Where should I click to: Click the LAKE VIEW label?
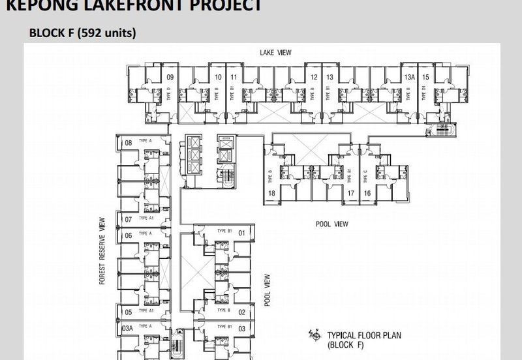pyautogui.click(x=274, y=52)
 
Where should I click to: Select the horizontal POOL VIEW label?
pyautogui.click(x=331, y=224)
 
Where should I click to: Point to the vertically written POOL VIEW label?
pyautogui.click(x=268, y=290)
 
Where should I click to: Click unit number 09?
pyautogui.click(x=170, y=78)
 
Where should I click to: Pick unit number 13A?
pyautogui.click(x=409, y=78)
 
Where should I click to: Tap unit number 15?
pyautogui.click(x=425, y=78)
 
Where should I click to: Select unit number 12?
pyautogui.click(x=314, y=78)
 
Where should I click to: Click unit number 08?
pyautogui.click(x=129, y=143)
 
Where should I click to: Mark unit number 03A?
pyautogui.click(x=127, y=328)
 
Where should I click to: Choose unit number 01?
pyautogui.click(x=241, y=232)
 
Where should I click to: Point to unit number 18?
pyautogui.click(x=271, y=193)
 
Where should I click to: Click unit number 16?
pyautogui.click(x=367, y=193)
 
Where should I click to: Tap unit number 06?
pyautogui.click(x=129, y=235)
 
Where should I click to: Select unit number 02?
pyautogui.click(x=241, y=312)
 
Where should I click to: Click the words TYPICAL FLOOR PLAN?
pyautogui.click(x=363, y=336)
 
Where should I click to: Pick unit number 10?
pyautogui.click(x=218, y=78)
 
